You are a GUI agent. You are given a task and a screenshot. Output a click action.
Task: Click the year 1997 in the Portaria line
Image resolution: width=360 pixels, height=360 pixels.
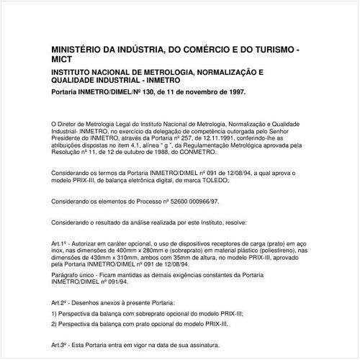coord(233,92)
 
